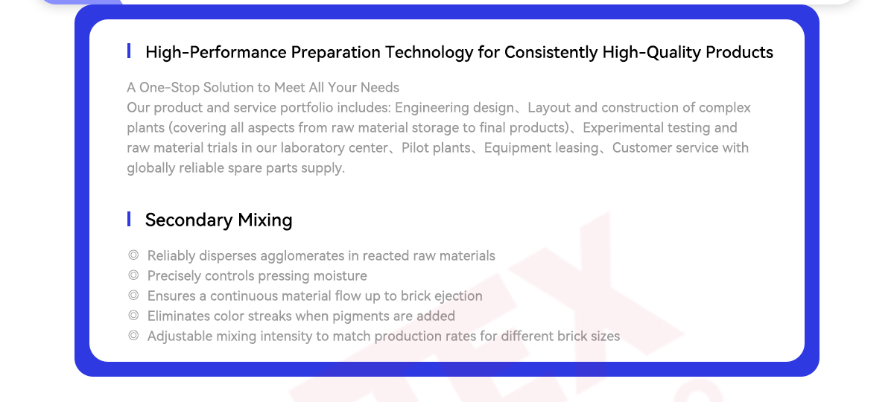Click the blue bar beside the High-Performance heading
click(128, 51)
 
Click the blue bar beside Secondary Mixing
click(128, 219)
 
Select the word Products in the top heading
click(739, 52)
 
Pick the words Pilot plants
click(436, 148)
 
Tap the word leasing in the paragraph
click(578, 148)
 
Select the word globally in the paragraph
click(150, 168)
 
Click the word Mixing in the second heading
click(265, 220)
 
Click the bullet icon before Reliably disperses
click(133, 255)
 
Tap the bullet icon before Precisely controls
click(133, 275)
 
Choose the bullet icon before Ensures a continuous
click(133, 295)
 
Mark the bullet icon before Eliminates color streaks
click(133, 316)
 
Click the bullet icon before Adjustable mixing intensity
click(133, 336)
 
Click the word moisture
click(340, 276)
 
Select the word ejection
click(458, 296)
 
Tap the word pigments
click(361, 316)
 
